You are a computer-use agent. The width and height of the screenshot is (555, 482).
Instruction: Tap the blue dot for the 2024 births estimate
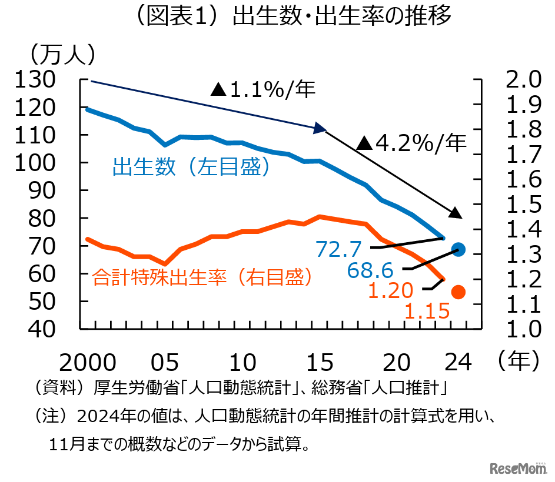[x=459, y=249]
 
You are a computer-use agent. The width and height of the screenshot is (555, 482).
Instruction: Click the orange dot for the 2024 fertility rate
[x=458, y=292]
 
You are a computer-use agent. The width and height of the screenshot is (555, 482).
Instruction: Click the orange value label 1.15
[x=427, y=310]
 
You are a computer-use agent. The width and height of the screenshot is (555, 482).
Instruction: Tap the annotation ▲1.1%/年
[x=263, y=89]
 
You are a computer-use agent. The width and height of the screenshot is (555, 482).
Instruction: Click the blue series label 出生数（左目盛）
[x=191, y=168]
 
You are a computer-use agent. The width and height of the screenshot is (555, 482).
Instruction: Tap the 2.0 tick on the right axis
[x=518, y=79]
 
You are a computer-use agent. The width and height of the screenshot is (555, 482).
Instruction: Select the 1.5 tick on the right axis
[x=518, y=204]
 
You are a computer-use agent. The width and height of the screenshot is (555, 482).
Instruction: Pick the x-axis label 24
[x=459, y=363]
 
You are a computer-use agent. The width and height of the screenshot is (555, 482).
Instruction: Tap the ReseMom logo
[x=519, y=468]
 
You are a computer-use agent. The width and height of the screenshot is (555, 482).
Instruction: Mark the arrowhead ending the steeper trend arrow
[x=456, y=212]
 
